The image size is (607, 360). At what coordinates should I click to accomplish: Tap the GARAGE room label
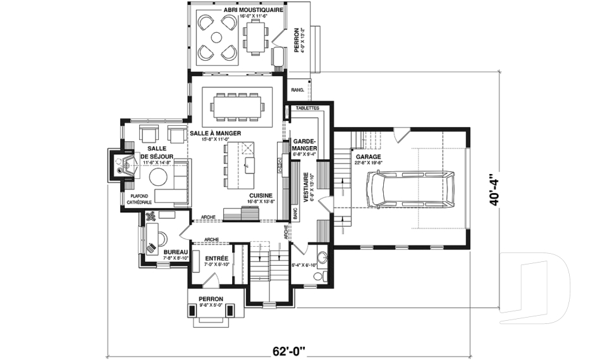369,156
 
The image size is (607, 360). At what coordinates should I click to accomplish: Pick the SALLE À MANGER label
214,134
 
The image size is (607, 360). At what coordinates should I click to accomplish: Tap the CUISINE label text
261,196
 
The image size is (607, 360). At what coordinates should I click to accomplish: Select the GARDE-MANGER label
305,145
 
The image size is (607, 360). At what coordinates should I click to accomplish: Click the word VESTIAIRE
305,187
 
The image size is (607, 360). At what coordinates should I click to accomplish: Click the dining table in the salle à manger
236,106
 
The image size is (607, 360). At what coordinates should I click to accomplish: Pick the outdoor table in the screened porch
255,36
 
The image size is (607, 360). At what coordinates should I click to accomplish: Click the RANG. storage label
298,90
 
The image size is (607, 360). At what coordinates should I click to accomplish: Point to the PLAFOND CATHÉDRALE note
140,199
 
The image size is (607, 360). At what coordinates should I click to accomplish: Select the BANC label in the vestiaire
294,213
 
